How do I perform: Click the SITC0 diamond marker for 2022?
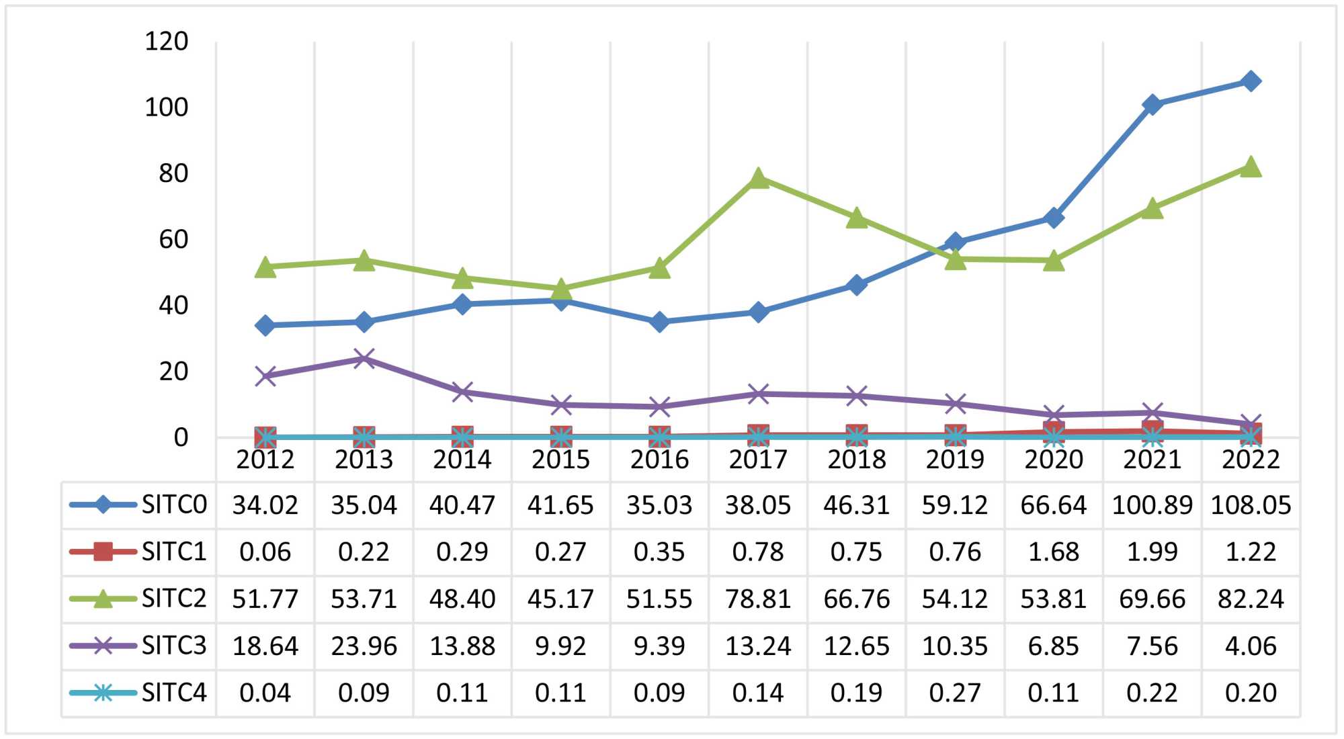pyautogui.click(x=1251, y=81)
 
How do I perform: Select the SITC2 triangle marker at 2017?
pyautogui.click(x=758, y=179)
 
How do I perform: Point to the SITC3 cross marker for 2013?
pyautogui.click(x=364, y=358)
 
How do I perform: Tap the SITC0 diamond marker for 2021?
pyautogui.click(x=1152, y=105)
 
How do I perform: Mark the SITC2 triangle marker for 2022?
pyautogui.click(x=1251, y=167)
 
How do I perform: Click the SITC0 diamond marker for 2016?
pyautogui.click(x=659, y=322)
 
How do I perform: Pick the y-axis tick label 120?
pyautogui.click(x=167, y=42)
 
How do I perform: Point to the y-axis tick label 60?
pyautogui.click(x=173, y=239)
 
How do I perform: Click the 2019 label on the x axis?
pyautogui.click(x=955, y=460)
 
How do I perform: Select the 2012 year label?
pyautogui.click(x=265, y=460)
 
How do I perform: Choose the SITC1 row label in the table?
pyautogui.click(x=173, y=552)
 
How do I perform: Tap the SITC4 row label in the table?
pyautogui.click(x=173, y=693)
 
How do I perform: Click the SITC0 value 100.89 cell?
pyautogui.click(x=1152, y=505)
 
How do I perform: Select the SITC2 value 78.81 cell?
pyautogui.click(x=758, y=599)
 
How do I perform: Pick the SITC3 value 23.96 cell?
pyautogui.click(x=364, y=646)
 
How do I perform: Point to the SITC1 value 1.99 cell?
pyautogui.click(x=1152, y=552)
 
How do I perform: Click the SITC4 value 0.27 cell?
pyautogui.click(x=955, y=693)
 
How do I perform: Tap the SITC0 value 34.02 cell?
pyautogui.click(x=265, y=505)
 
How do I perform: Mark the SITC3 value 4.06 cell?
pyautogui.click(x=1251, y=646)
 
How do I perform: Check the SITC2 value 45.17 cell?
pyautogui.click(x=560, y=599)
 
